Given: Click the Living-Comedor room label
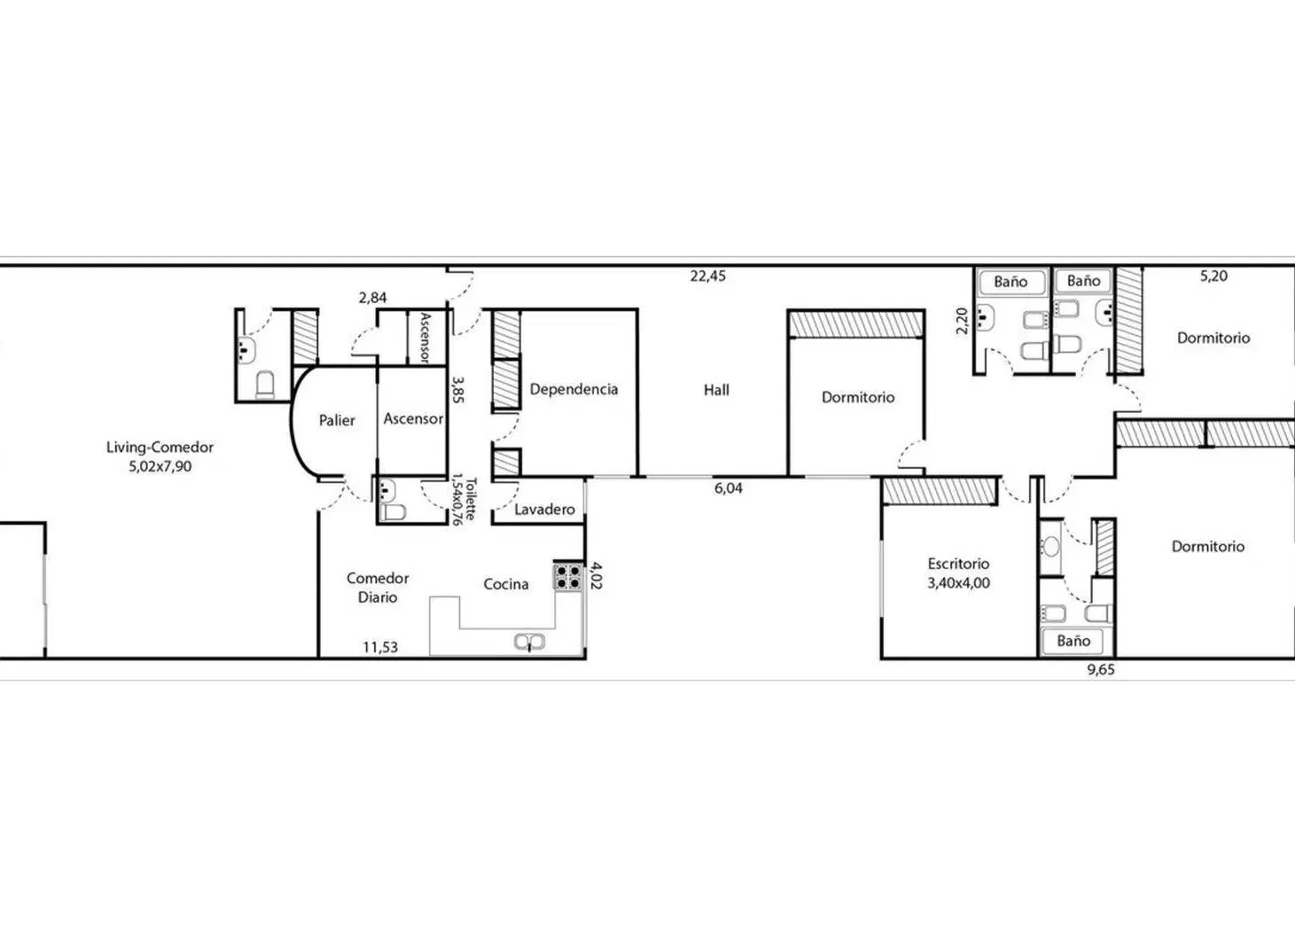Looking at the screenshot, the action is tap(160, 447).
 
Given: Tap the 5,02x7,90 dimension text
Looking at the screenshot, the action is tap(160, 466).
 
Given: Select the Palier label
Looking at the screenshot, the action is tap(337, 420).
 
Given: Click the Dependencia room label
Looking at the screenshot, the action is tap(574, 389).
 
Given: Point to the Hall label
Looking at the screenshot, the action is tap(716, 390).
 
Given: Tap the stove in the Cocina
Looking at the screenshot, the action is tap(568, 577).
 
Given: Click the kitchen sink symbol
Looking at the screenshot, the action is tap(529, 642).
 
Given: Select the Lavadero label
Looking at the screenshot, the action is tap(544, 510).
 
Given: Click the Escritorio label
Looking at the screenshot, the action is tap(958, 564).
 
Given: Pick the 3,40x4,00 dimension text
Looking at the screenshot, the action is tap(958, 583).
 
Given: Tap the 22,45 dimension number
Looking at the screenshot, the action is tap(707, 277).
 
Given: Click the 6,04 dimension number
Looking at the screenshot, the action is tap(729, 488).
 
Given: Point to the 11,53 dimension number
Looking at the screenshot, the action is tap(380, 648).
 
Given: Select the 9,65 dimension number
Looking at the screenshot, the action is tap(1102, 670).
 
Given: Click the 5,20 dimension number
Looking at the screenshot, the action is tap(1214, 277).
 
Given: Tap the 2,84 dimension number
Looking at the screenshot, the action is tap(373, 298).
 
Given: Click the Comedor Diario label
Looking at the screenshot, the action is tap(378, 588).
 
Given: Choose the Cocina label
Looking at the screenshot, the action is tap(506, 584).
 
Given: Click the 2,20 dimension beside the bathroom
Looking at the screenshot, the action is tap(962, 321).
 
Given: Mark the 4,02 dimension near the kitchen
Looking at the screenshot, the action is tap(597, 576).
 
